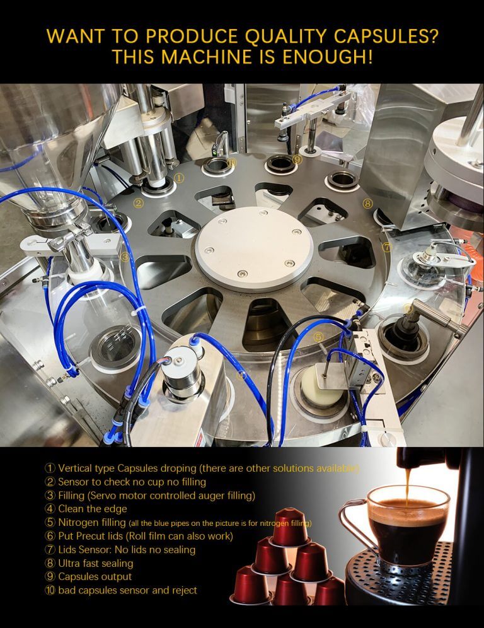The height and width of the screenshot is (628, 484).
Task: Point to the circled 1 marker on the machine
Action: (179, 178)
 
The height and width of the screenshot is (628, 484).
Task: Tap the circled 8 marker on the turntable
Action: (367, 203)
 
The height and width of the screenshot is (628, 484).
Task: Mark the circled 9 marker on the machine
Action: (297, 160)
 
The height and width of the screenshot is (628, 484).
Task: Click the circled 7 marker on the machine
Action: (387, 247)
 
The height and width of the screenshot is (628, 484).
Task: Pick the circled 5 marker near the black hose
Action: (318, 337)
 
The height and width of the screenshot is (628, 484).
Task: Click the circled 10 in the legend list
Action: (50, 590)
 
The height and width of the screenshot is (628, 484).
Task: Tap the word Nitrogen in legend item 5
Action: (78, 522)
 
